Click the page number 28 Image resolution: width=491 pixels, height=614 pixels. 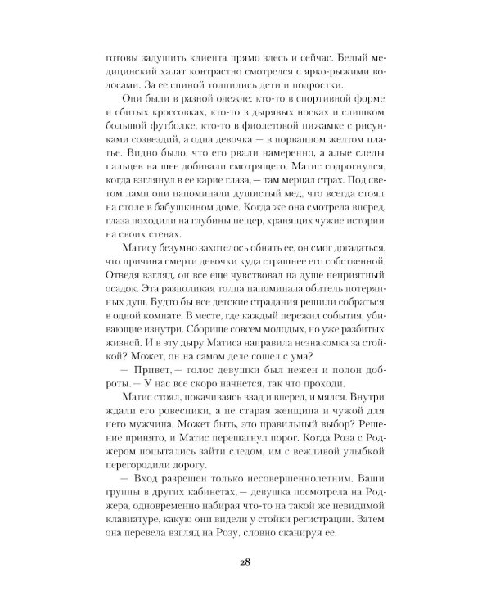(x=245, y=564)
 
